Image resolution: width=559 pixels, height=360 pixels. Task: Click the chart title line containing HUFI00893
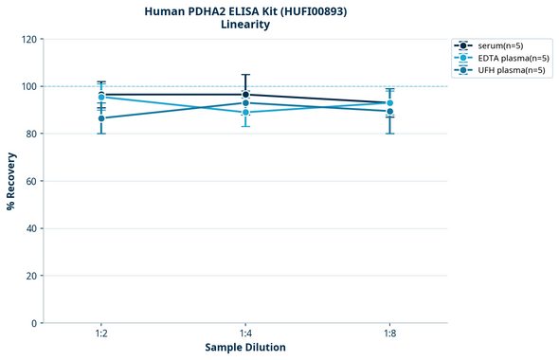(x=245, y=10)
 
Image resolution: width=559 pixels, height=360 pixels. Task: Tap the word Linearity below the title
(x=245, y=25)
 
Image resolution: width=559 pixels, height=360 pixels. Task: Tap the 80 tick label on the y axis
(x=29, y=134)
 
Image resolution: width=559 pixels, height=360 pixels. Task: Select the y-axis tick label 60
(x=29, y=181)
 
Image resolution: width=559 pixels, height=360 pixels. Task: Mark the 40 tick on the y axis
(x=29, y=228)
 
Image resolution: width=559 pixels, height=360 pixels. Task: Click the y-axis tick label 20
(x=29, y=276)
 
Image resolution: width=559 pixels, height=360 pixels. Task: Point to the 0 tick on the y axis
(x=32, y=323)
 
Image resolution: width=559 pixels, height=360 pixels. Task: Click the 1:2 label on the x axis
(x=101, y=334)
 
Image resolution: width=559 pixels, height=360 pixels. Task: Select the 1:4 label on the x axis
(x=245, y=334)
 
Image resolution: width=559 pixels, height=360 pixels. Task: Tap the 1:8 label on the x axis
(x=389, y=334)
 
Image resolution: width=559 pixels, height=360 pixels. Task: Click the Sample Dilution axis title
(x=245, y=348)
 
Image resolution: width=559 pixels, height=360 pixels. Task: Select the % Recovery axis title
(x=11, y=181)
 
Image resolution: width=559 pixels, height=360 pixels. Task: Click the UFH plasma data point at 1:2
(x=101, y=118)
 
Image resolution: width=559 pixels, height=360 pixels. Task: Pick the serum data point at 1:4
(x=245, y=95)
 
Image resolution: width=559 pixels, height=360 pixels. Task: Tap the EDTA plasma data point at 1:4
(x=245, y=113)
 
